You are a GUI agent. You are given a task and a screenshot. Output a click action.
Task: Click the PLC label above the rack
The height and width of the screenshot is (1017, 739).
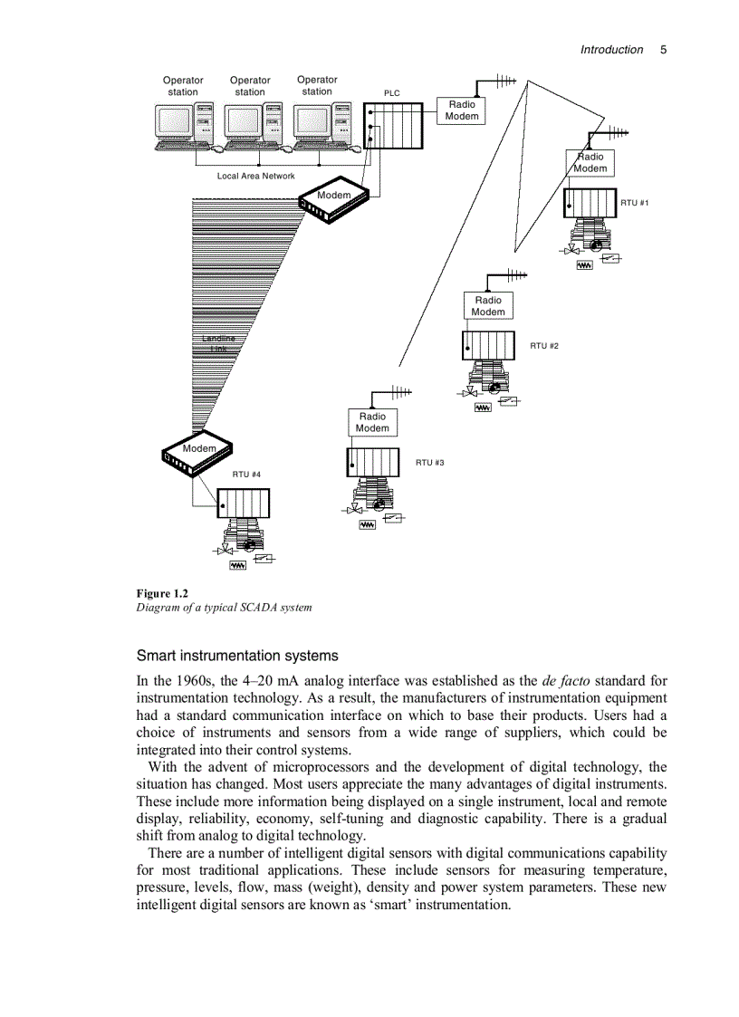point(391,93)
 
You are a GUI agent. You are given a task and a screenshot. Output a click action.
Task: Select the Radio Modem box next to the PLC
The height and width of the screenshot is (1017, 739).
point(462,110)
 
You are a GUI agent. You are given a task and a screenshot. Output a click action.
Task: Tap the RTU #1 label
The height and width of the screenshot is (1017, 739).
point(634,203)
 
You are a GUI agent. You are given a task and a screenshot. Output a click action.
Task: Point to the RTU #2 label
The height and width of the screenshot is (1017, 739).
point(544,346)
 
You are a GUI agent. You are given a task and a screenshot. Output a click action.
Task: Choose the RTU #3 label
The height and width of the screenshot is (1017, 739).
point(429,463)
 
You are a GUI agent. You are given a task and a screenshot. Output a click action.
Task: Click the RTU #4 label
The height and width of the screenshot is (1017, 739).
point(246,475)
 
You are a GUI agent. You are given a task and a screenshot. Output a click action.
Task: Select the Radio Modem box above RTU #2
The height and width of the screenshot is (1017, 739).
point(487,306)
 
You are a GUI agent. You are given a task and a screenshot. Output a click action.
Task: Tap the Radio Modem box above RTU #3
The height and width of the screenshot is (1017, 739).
point(371,423)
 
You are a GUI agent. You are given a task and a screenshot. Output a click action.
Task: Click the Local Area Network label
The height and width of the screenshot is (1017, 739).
point(255,176)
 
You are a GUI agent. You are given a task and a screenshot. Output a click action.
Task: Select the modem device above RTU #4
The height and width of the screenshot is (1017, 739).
point(197,453)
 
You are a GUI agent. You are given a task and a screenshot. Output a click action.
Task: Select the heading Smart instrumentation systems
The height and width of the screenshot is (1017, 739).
point(237,656)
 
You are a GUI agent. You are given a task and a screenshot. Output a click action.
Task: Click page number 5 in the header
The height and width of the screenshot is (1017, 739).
point(663,50)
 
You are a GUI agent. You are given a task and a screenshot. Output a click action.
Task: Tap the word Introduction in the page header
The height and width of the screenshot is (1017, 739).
point(611,50)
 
